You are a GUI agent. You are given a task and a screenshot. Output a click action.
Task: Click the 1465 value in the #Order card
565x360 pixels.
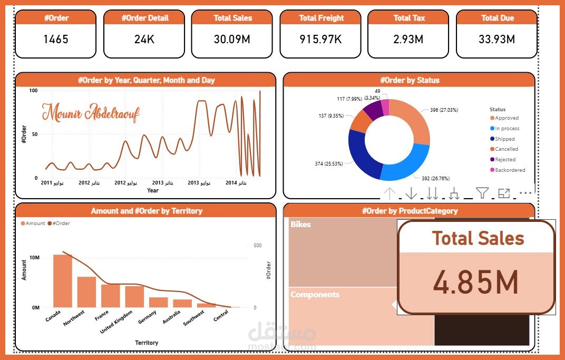[55, 39]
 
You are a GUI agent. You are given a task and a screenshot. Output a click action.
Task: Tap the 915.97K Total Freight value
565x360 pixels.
[321, 39]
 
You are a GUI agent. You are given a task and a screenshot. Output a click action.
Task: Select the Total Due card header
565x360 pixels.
[497, 18]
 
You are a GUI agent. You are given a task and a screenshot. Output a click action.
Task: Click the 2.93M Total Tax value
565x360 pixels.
[409, 39]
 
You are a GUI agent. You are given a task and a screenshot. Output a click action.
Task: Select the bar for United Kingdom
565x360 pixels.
[134, 296]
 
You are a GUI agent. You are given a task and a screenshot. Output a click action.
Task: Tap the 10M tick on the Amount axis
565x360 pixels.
[34, 258]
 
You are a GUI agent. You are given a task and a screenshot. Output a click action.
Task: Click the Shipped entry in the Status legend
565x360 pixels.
[504, 139]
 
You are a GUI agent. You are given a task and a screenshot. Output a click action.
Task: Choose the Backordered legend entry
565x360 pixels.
[510, 170]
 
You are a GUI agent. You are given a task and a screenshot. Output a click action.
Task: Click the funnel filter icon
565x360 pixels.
[482, 193]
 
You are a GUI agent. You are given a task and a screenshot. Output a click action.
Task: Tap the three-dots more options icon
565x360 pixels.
[525, 193]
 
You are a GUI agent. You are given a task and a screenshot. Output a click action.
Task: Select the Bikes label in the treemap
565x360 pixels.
[300, 225]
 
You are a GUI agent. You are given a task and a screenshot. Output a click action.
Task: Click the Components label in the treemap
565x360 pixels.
[315, 295]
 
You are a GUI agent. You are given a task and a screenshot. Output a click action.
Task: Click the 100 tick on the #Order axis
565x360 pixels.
[33, 91]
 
